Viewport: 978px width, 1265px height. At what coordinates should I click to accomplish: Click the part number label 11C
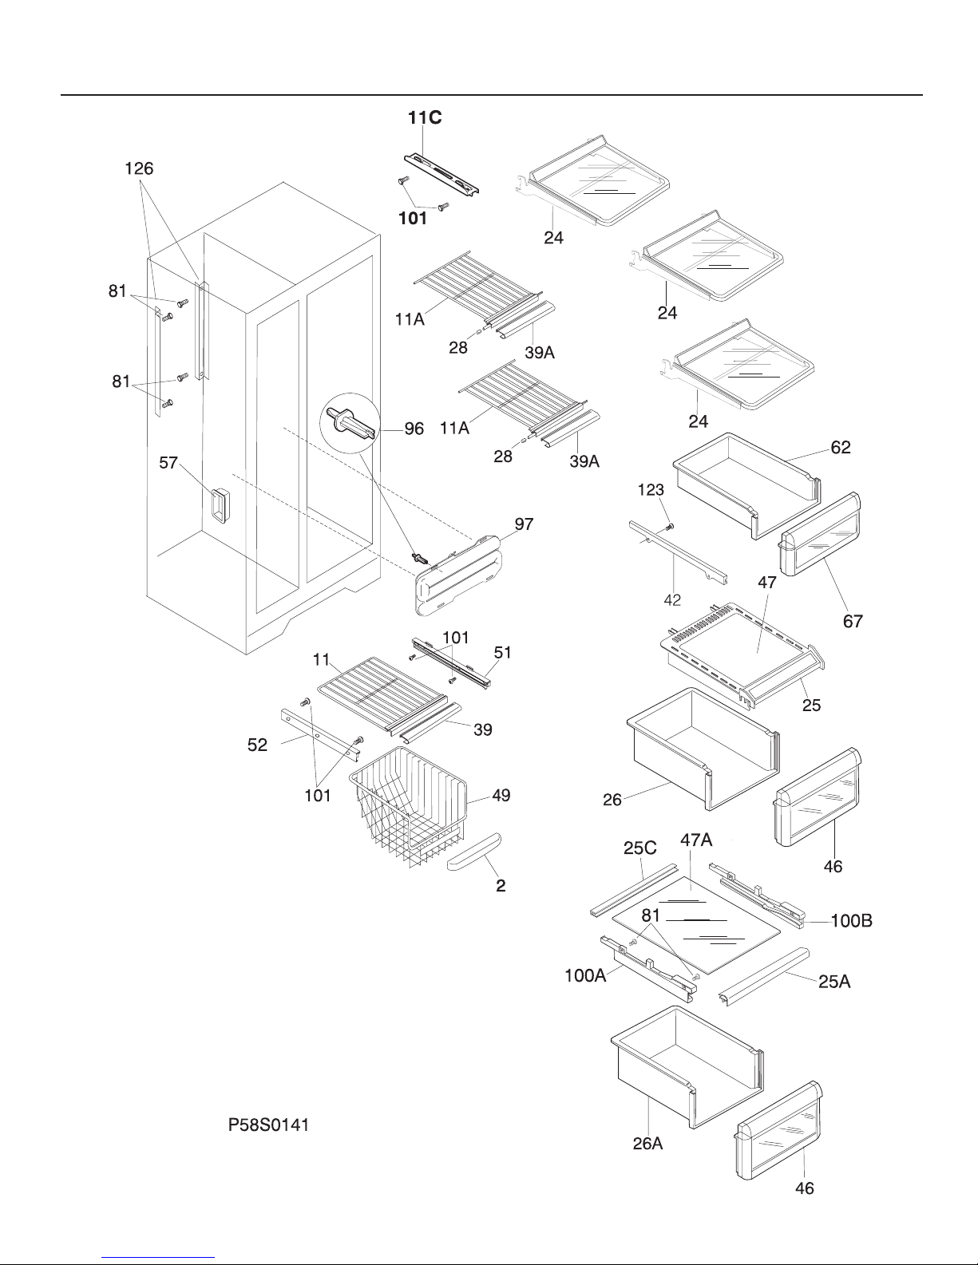tap(424, 118)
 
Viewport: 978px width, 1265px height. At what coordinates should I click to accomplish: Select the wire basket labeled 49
tap(408, 806)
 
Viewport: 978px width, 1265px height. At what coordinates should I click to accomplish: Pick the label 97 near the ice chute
tap(524, 524)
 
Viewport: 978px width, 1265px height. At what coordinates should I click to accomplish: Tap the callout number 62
tap(840, 448)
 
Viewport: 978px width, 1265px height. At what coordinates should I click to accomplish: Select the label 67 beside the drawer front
tap(853, 620)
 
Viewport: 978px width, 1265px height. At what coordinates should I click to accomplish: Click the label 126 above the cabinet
tap(139, 168)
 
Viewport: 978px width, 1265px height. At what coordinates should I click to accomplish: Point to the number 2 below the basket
tap(501, 885)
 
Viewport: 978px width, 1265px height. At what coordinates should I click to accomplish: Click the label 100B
tap(851, 921)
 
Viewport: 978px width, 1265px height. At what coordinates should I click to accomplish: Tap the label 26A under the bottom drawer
tap(647, 1144)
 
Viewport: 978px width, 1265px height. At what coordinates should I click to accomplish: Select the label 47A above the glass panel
tap(696, 840)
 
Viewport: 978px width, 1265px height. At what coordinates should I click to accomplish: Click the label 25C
tap(640, 851)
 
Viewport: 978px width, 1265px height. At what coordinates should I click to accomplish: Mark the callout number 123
tap(651, 492)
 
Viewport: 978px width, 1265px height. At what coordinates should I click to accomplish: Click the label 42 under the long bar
tap(672, 600)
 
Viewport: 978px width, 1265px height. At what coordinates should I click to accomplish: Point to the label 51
tap(502, 652)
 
